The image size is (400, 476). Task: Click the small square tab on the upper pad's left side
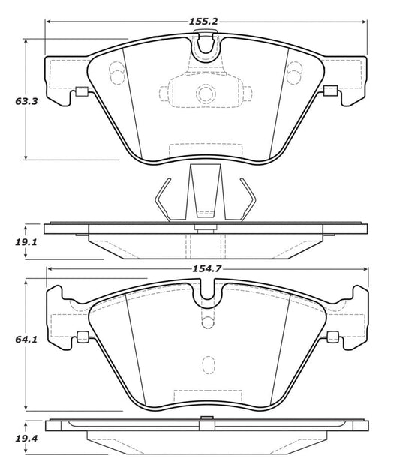coord(80,93)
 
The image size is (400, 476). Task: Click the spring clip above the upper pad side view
coord(204,196)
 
